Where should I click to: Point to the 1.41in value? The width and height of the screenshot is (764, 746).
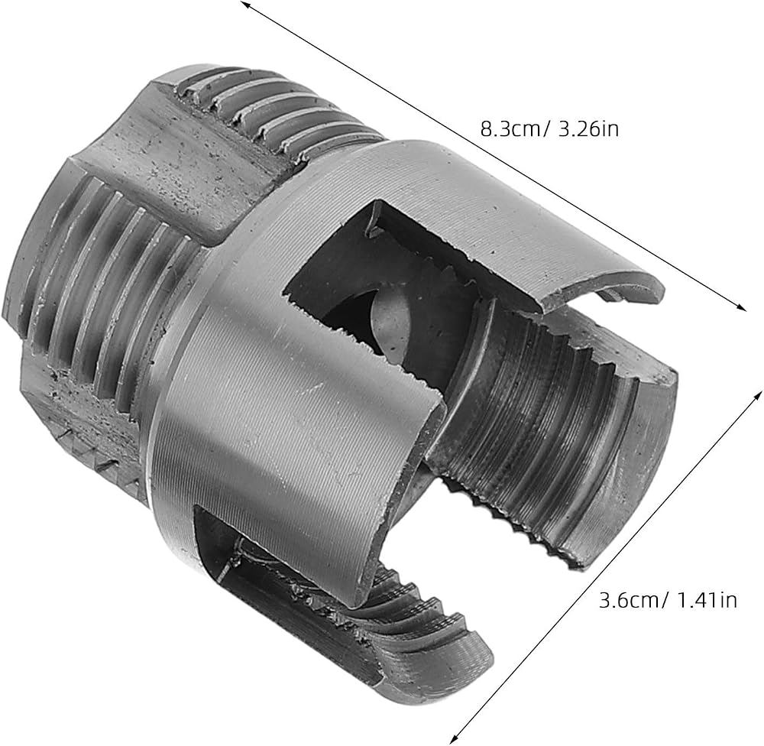[707, 600]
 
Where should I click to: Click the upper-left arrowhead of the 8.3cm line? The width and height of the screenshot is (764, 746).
[245, 3]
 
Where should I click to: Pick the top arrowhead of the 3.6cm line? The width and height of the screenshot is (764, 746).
[758, 393]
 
